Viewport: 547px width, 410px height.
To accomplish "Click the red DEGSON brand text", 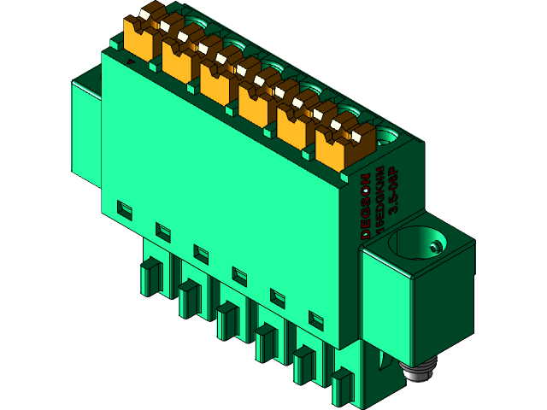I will pyautogui.click(x=366, y=206).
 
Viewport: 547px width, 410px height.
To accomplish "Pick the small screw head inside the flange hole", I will pyautogui.click(x=436, y=247).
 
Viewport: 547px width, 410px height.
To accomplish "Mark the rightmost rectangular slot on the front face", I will pyautogui.click(x=316, y=319).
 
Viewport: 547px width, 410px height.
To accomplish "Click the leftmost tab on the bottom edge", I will pyautogui.click(x=150, y=278).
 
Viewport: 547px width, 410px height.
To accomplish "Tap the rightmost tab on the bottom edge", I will pyautogui.click(x=342, y=386).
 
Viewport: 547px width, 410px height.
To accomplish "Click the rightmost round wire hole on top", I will pyautogui.click(x=389, y=134).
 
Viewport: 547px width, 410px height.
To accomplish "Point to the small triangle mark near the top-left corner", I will pyautogui.click(x=129, y=61).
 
